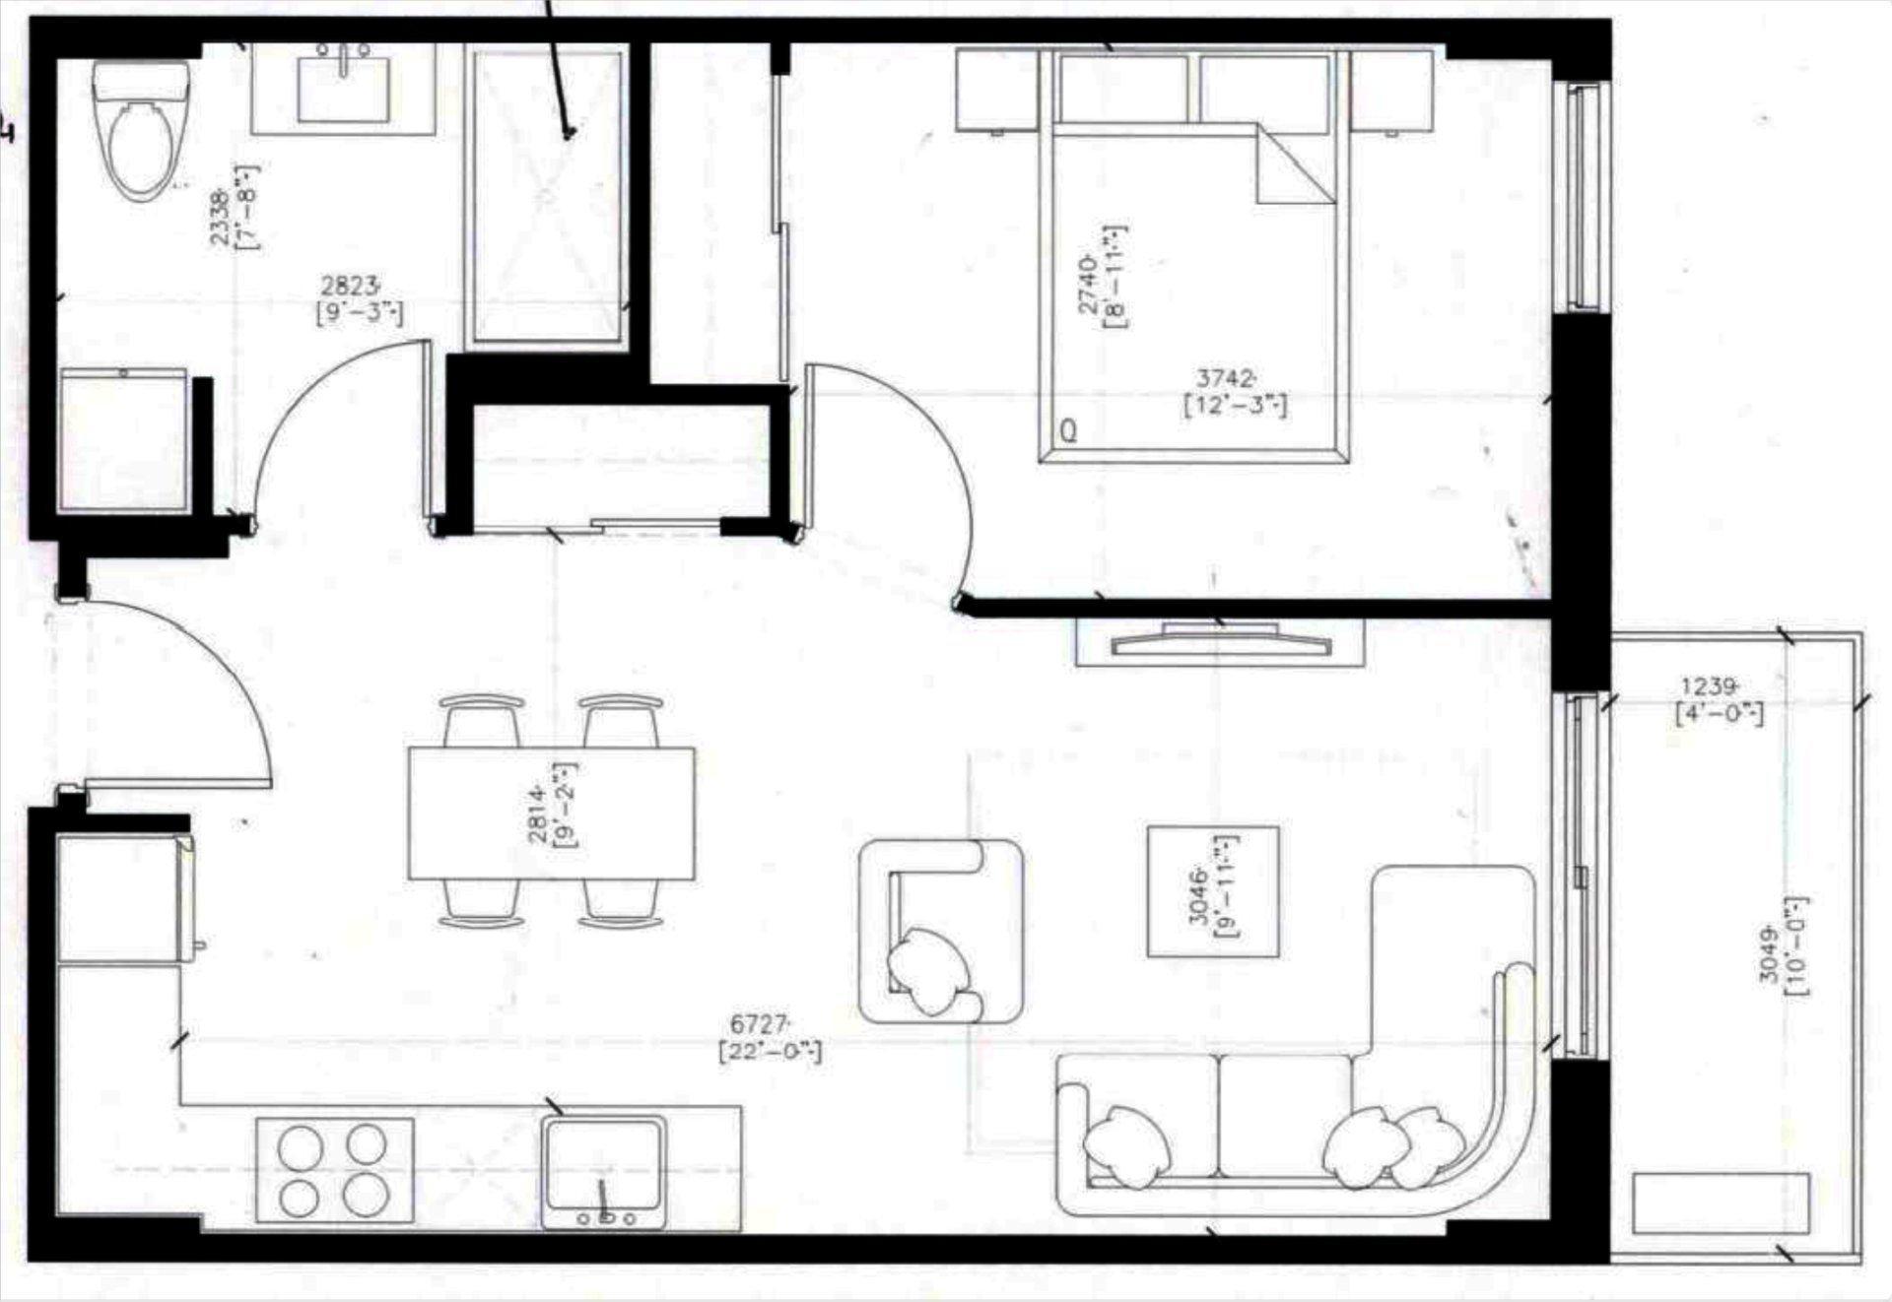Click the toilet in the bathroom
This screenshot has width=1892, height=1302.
point(142,133)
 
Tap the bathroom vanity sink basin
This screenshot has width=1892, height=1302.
point(344,90)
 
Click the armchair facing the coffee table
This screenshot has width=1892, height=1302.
point(940,931)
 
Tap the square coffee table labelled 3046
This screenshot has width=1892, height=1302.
point(1213,891)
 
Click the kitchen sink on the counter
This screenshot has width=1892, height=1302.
point(604,1172)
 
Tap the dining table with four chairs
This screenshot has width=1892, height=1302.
point(551,812)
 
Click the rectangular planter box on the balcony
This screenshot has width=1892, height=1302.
point(1720,1203)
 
